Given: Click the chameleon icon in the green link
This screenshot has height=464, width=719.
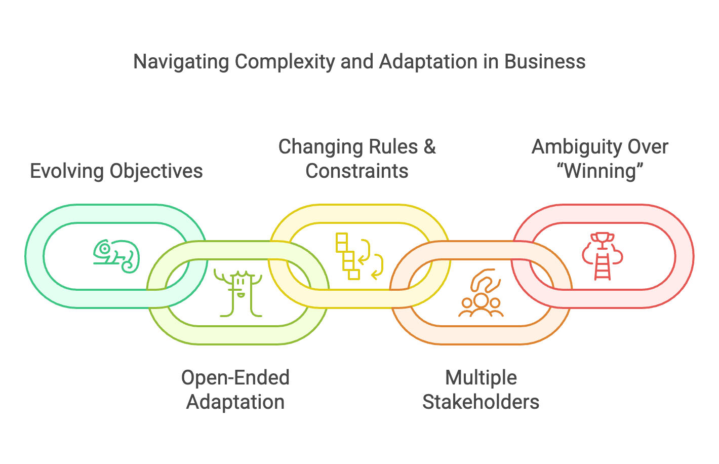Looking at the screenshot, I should pos(116,256).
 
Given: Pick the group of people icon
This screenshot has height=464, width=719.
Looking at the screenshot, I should pos(481,294).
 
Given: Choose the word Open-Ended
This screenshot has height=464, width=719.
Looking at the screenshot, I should pos(235,378).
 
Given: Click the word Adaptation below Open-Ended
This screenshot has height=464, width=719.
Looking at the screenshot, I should pos(235,402).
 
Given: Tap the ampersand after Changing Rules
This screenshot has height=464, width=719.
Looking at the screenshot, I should pos(429,147).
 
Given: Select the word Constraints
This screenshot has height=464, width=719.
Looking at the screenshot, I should pos(357,171).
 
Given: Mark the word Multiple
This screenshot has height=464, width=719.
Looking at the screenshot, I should pos(481,378).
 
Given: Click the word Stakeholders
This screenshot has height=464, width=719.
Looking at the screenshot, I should pos(481,402).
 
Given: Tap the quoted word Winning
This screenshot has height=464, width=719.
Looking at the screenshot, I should pos(600,171).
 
